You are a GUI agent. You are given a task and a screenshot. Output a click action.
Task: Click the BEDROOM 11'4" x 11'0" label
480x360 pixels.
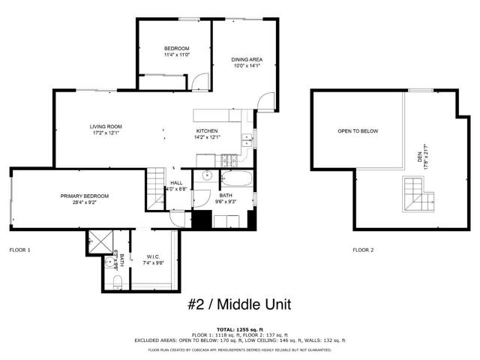point(177,52)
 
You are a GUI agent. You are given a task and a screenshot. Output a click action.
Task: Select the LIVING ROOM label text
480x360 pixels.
point(106,130)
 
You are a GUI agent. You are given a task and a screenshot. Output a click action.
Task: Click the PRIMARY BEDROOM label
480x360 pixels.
point(79,199)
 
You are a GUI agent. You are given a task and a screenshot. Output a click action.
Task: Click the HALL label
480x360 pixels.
point(176,186)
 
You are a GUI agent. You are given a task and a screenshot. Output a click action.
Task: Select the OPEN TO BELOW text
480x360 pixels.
point(358,131)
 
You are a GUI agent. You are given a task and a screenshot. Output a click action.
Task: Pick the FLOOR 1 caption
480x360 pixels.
point(19,249)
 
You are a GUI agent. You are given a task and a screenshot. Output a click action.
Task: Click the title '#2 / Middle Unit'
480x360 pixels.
point(239,304)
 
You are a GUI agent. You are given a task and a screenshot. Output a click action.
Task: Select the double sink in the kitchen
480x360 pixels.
point(246,137)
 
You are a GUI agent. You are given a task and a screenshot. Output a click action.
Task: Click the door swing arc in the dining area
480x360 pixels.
point(264,100)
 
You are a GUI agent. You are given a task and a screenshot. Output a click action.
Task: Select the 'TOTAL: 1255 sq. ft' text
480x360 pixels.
point(239,329)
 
